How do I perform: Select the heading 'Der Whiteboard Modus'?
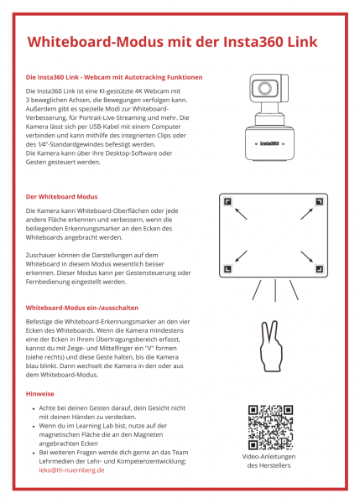(x=62, y=196)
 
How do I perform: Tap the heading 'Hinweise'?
(x=41, y=392)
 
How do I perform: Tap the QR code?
(x=270, y=427)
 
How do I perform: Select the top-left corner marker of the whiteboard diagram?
(x=227, y=200)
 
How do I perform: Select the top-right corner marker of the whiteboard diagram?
(x=320, y=200)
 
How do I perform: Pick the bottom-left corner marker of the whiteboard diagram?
(x=227, y=269)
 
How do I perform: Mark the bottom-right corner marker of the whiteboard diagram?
(x=320, y=269)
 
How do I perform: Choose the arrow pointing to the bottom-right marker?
(x=305, y=257)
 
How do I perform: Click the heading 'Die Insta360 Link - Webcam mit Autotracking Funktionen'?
(x=114, y=77)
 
